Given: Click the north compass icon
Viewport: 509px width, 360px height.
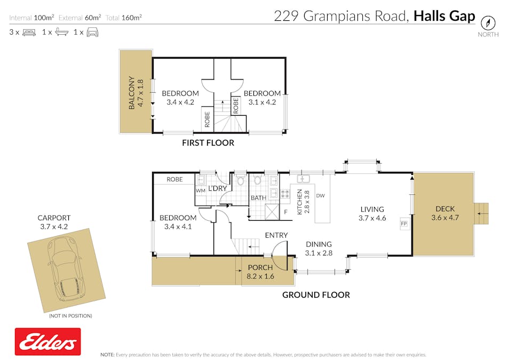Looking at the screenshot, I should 488,23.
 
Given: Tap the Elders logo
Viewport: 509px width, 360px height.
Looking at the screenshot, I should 48,341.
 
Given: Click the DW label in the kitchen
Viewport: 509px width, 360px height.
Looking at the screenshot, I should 320,196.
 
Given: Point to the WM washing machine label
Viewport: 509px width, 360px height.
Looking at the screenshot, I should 200,190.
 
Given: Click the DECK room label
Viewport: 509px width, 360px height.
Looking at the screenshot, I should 444,209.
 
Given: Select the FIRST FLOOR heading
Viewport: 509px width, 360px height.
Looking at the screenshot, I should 208,143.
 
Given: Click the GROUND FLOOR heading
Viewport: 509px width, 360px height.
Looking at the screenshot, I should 316,295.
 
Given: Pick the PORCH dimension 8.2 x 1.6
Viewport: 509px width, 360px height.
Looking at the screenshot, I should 261,276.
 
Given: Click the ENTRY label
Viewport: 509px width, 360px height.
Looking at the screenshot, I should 276,235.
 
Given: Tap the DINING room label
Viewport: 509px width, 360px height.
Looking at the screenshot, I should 319,244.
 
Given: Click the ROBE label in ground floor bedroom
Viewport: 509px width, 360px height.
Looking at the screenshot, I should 174,180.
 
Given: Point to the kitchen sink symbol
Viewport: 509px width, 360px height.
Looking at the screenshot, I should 304,179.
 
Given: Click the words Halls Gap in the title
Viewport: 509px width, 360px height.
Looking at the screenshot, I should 444,16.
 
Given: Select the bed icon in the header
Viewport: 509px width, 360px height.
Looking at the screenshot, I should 29,32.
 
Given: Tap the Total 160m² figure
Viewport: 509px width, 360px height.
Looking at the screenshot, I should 123,18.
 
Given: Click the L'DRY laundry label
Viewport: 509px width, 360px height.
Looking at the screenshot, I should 217,189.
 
